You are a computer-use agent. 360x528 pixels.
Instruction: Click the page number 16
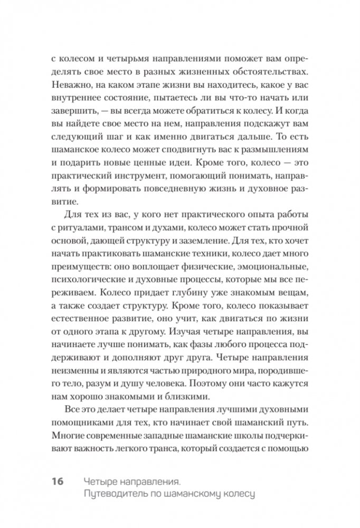[57, 481]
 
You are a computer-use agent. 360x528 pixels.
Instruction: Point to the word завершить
[76, 112]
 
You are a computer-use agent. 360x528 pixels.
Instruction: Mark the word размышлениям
[274, 139]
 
